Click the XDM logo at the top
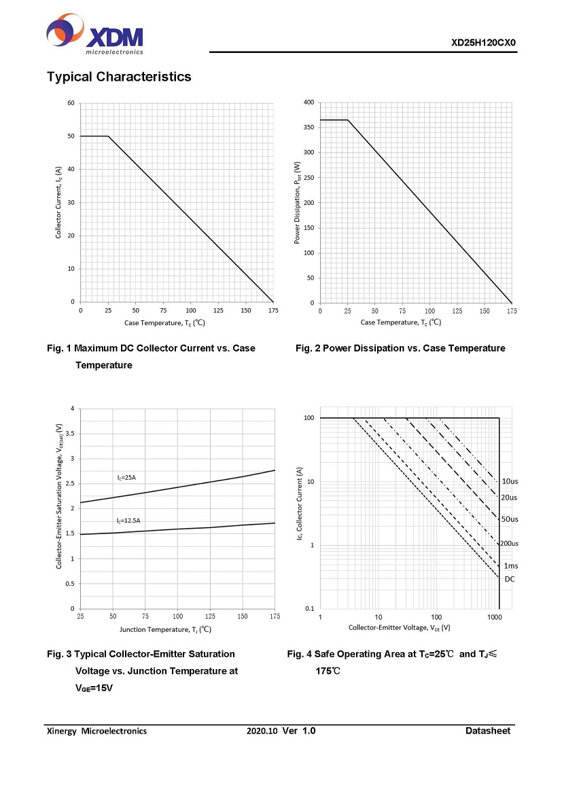(94, 35)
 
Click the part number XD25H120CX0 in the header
(484, 43)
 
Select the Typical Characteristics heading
(119, 77)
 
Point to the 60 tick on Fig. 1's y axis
(71, 103)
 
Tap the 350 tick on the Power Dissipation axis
(309, 128)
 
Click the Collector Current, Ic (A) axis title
(59, 202)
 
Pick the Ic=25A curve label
(126, 478)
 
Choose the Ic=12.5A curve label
(128, 521)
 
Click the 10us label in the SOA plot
(510, 481)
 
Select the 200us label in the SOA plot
(510, 544)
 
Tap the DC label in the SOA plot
(509, 579)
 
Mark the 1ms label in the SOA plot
(510, 566)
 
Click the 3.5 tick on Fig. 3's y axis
(69, 434)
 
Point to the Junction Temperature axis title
(165, 629)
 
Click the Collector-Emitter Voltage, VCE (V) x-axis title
(399, 628)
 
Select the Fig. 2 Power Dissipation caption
(400, 348)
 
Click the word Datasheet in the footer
(487, 731)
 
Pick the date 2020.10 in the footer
(262, 731)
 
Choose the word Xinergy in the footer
(61, 731)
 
